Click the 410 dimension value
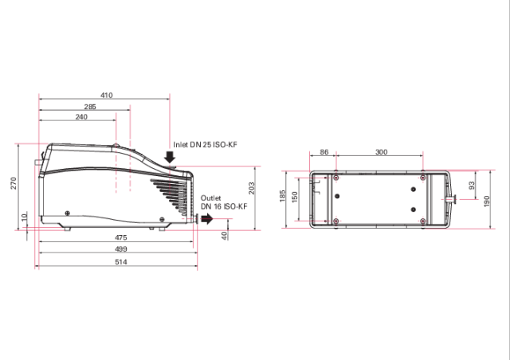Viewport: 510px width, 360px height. pyautogui.click(x=107, y=95)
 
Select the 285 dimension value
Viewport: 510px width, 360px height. pyautogui.click(x=90, y=106)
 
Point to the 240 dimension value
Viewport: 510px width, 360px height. pyautogui.click(x=81, y=117)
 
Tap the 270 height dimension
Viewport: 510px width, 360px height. pyautogui.click(x=14, y=184)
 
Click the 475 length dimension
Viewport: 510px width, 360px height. pyautogui.click(x=120, y=237)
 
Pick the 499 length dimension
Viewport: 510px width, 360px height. pyautogui.click(x=120, y=249)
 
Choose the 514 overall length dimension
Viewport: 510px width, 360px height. pyautogui.click(x=120, y=261)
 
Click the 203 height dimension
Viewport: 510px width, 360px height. pyautogui.click(x=251, y=189)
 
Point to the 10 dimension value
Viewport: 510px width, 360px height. pyautogui.click(x=25, y=217)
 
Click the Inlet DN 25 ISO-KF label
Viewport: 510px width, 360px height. pyautogui.click(x=205, y=145)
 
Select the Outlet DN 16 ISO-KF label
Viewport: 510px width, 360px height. pyautogui.click(x=224, y=202)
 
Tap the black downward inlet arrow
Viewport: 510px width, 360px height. pyautogui.click(x=170, y=158)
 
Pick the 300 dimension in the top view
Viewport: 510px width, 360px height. pyautogui.click(x=381, y=151)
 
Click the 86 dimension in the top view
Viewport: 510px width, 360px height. pyautogui.click(x=324, y=151)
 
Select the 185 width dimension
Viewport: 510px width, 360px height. pyautogui.click(x=282, y=196)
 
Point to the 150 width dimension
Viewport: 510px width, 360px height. pyautogui.click(x=295, y=196)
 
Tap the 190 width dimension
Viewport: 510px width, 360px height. pyautogui.click(x=488, y=199)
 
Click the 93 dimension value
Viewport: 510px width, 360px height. pyautogui.click(x=472, y=185)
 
